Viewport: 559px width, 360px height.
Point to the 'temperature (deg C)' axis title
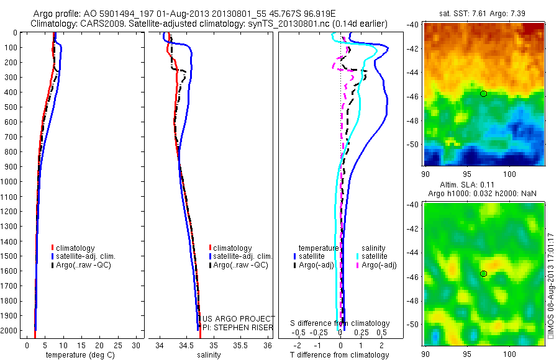79,355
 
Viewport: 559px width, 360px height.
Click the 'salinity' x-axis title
209,355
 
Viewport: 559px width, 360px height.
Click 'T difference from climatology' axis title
340,355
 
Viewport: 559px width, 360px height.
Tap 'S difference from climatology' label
340,323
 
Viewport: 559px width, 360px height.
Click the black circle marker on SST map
483,93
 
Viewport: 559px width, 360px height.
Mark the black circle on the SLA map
483,274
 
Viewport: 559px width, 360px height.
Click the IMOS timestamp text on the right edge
551,285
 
